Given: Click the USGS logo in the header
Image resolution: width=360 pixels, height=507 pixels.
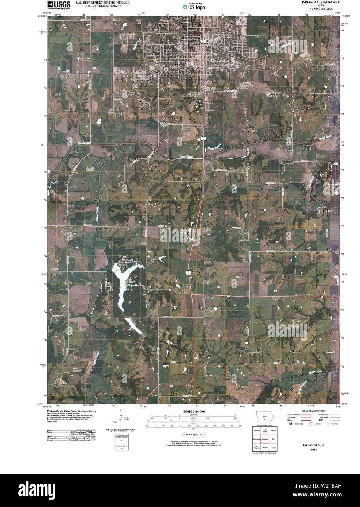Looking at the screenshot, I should (x=59, y=5).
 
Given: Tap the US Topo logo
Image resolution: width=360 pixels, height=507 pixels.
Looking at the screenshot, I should (x=194, y=6).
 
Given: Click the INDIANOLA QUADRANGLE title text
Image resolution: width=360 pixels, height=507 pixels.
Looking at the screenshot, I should (x=321, y=2).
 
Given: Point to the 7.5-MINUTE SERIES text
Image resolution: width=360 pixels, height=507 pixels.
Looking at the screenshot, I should (x=321, y=9).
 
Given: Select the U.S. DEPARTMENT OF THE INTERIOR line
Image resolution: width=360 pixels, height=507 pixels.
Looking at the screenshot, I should (x=102, y=3).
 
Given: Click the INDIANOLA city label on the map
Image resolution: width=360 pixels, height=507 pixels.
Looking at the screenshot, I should (x=220, y=60).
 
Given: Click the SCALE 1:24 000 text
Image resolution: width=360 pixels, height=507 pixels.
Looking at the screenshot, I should (x=194, y=411).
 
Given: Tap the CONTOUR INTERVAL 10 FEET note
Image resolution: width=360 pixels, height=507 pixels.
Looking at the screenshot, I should (x=194, y=435).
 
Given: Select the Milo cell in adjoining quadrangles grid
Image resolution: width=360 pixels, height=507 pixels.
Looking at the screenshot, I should (x=273, y=440).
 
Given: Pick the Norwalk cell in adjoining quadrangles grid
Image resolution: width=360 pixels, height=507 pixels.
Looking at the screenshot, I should (x=256, y=431).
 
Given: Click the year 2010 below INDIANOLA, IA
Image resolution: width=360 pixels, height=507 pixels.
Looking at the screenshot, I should (x=314, y=450).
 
